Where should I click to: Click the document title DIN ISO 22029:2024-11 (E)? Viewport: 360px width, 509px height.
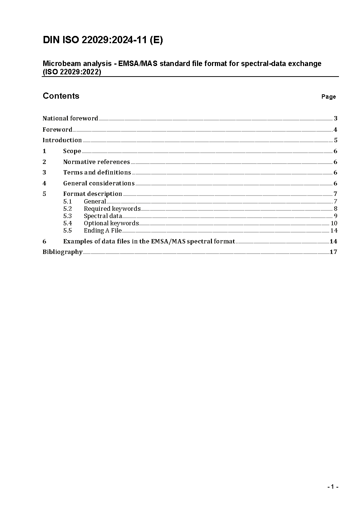[103, 40]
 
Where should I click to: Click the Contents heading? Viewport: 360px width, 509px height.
[61, 96]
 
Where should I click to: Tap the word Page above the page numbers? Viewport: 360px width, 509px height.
[328, 97]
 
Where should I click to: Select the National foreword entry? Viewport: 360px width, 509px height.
[70, 118]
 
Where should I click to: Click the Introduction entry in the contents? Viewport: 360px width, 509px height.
[62, 140]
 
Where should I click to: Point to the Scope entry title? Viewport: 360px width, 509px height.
[72, 151]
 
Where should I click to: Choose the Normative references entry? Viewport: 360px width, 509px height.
[96, 162]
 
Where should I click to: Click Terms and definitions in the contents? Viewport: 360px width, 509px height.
[97, 172]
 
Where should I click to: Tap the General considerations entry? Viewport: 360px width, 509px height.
[99, 183]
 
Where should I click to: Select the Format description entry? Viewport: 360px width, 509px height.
[93, 194]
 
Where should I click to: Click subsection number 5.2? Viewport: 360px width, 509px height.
[67, 209]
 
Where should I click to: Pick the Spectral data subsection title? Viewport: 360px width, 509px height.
[103, 216]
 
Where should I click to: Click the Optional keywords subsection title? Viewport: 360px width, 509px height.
[111, 223]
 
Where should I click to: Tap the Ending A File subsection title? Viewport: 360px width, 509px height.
[102, 230]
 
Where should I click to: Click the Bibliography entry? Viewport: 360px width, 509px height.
[62, 252]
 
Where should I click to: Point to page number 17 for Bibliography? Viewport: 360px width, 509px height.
[333, 252]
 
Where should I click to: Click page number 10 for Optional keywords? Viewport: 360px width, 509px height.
[334, 223]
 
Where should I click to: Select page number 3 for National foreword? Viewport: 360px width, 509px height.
[336, 118]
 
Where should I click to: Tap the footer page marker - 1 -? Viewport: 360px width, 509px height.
[332, 487]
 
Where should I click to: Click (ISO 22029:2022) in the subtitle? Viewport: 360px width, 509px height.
[72, 72]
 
